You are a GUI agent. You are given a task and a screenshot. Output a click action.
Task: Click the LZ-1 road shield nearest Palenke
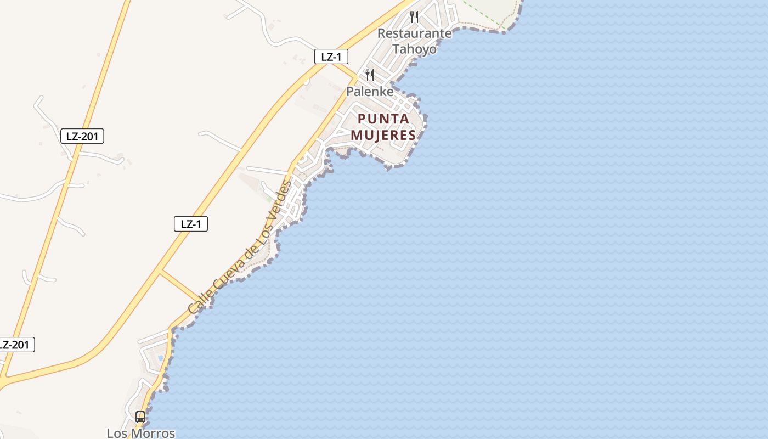(331, 57)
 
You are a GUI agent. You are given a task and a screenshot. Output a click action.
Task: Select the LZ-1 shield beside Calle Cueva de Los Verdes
(191, 224)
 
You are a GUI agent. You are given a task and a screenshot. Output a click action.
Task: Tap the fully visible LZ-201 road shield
(82, 136)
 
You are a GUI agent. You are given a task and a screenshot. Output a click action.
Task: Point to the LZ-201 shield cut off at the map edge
(15, 345)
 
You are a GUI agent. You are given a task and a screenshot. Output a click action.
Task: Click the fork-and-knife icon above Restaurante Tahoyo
(414, 17)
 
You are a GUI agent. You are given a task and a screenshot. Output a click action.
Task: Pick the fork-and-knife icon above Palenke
(370, 75)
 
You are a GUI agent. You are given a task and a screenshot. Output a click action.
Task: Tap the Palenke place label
(370, 91)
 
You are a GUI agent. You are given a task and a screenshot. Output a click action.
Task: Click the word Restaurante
(415, 33)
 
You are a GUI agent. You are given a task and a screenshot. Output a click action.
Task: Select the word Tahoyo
(415, 49)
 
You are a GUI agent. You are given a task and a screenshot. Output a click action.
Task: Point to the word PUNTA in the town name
(383, 119)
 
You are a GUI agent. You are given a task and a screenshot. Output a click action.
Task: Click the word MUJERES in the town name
(383, 135)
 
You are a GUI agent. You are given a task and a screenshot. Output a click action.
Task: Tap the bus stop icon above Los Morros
(140, 417)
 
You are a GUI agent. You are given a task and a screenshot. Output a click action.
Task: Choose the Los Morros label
(141, 433)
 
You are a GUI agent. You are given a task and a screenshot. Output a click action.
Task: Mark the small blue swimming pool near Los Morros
(160, 358)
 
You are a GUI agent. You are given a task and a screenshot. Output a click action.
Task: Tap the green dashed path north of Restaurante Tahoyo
(483, 14)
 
